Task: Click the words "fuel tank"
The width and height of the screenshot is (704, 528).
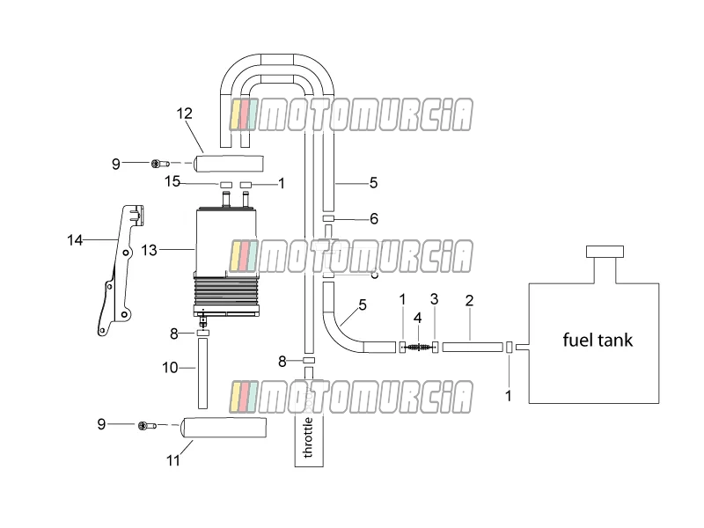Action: pos(598,340)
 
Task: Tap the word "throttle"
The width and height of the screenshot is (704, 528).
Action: pos(309,437)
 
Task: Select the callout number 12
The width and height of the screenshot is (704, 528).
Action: pos(184,114)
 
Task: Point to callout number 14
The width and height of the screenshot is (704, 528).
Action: pos(75,240)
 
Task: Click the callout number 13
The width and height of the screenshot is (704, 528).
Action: pos(149,250)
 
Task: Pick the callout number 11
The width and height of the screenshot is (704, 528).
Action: pos(173,460)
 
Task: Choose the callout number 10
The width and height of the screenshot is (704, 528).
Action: pos(170,368)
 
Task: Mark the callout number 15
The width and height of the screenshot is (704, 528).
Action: pos(172,182)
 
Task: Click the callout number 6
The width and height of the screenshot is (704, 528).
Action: pos(374,219)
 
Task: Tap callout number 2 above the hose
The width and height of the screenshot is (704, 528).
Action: pos(469,300)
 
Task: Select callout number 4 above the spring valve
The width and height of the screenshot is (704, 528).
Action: pos(417,319)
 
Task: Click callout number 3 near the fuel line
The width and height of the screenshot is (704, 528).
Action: pos(434,299)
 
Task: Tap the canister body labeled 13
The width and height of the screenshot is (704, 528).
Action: pos(226,260)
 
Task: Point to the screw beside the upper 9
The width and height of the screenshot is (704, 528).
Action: pos(160,164)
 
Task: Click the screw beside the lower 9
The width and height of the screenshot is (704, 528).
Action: pos(147,425)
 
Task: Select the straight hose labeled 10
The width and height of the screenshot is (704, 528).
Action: pos(202,373)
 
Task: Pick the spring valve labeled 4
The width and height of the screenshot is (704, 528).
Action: pos(419,347)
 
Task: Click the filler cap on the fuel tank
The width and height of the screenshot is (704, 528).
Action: pos(605,252)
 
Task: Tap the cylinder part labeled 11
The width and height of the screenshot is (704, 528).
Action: pos(224,428)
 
